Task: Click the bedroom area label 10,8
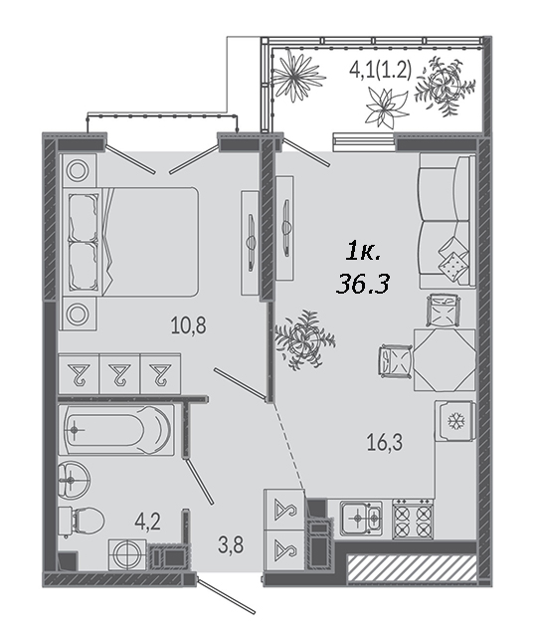188,325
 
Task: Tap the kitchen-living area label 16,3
385,442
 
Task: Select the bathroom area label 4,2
148,522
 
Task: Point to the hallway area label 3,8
231,544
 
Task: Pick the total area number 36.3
362,283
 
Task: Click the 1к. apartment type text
362,254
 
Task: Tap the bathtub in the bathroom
117,429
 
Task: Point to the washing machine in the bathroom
127,554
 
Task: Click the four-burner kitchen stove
413,520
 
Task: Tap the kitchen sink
361,517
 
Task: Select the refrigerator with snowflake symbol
454,421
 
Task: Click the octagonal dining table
444,360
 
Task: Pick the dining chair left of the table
396,360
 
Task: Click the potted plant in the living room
304,339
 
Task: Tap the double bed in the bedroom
129,241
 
